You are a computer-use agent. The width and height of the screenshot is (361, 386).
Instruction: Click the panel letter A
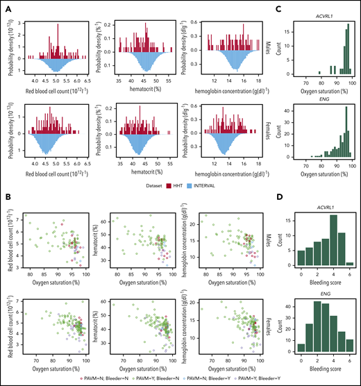7,5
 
